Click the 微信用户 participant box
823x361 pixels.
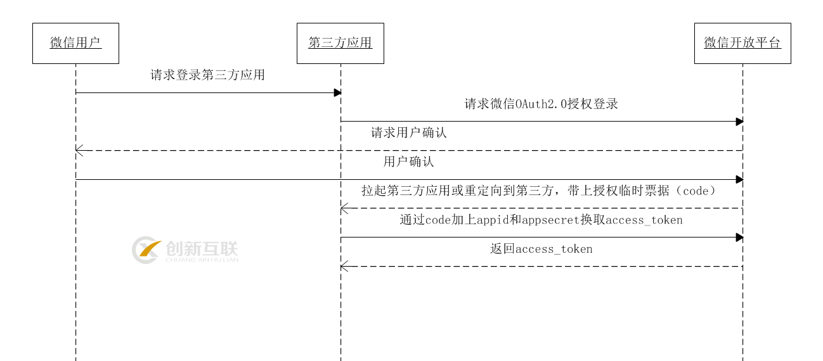75,43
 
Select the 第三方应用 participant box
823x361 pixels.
340,43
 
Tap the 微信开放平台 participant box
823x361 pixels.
742,43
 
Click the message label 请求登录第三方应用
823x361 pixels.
207,75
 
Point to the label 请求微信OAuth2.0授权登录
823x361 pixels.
541,104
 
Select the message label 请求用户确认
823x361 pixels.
409,133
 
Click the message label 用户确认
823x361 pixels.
409,162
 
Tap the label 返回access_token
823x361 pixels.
541,250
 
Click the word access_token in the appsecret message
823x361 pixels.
644,220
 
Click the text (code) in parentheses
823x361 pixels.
694,191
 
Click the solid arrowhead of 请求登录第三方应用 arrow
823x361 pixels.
337,92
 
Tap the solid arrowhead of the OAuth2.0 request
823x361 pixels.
739,122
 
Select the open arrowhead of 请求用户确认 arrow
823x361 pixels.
79,150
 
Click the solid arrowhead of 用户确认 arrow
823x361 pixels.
739,179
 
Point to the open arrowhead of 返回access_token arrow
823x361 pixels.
344,266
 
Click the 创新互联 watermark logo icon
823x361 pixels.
146,250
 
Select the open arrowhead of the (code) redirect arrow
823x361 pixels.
344,208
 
